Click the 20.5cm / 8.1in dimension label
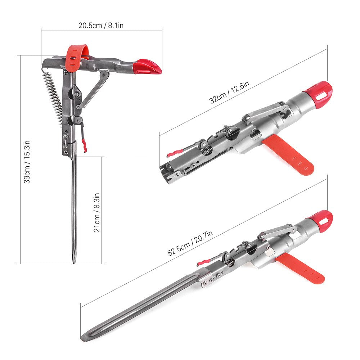[102, 25]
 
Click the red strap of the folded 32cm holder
[290, 156]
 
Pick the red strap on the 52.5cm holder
[302, 268]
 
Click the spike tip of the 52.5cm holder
[84, 338]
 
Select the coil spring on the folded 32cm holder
[207, 150]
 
